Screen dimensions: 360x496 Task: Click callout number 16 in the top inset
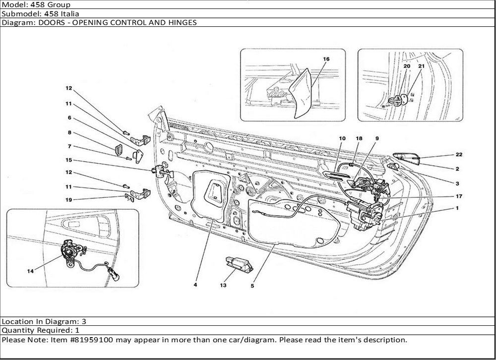click(x=326, y=59)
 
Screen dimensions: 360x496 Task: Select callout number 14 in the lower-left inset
click(x=31, y=271)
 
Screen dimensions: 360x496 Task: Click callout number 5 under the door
click(x=252, y=285)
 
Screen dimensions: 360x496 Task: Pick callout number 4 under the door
click(x=195, y=285)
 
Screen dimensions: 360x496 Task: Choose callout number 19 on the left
click(x=69, y=200)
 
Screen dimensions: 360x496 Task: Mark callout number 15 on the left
click(x=69, y=160)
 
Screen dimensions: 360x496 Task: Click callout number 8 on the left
click(x=69, y=133)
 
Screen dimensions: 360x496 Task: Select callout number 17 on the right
click(x=458, y=196)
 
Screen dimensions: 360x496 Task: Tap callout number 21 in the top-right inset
click(x=421, y=66)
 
